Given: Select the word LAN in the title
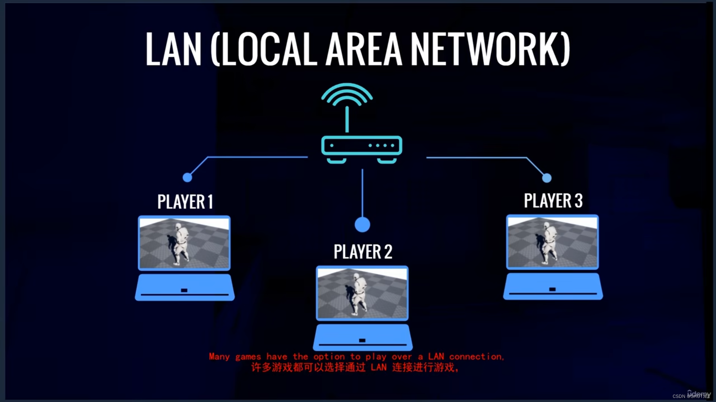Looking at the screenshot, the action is [173, 49].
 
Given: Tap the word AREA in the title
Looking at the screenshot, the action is [364, 49].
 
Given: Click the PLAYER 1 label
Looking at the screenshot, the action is [185, 202].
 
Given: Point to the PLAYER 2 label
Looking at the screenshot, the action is [363, 252].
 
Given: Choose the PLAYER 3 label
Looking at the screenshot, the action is [553, 201].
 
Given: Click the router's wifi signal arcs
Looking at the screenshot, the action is [347, 93].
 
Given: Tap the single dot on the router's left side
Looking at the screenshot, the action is [332, 145].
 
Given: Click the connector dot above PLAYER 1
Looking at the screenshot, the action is [187, 178].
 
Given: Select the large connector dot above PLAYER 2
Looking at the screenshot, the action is [362, 225].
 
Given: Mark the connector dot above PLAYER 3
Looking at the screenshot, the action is [547, 178].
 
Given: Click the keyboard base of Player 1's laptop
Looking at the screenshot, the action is [185, 288].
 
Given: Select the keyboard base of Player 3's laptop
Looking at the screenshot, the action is [553, 287].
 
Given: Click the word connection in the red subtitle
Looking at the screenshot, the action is [476, 357].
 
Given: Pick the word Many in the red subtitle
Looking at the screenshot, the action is [219, 357].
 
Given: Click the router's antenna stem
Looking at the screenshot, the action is [347, 119].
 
